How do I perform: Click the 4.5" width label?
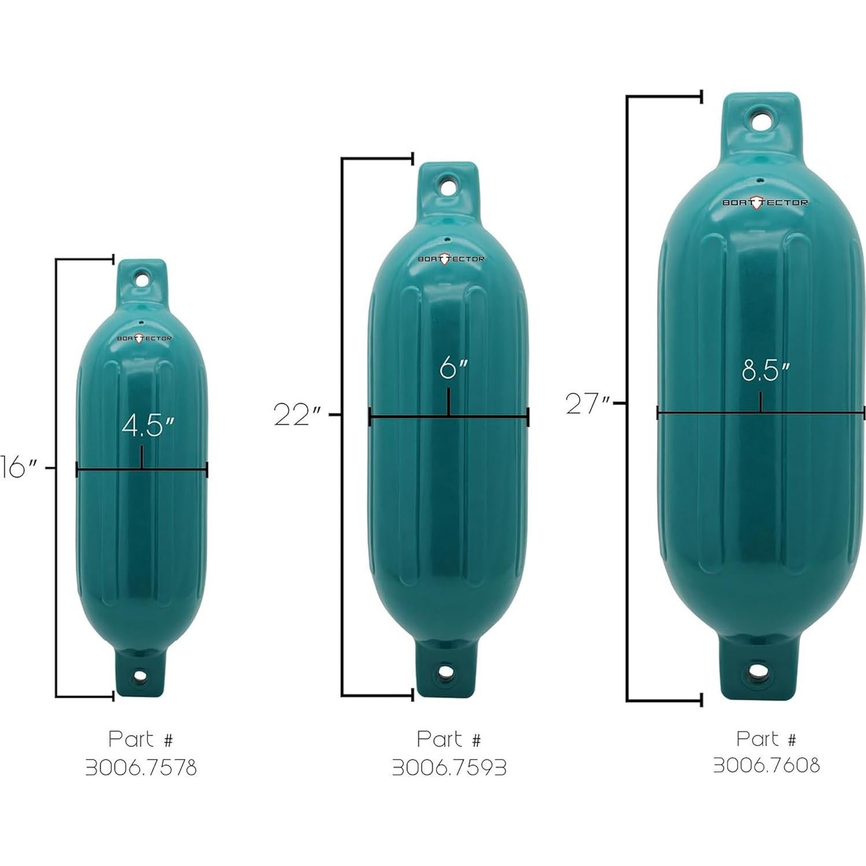[148, 426]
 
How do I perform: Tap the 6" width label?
[452, 368]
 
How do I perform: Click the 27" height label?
[588, 403]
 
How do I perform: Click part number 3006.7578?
[141, 768]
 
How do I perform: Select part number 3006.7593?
[449, 768]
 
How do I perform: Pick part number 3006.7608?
[766, 765]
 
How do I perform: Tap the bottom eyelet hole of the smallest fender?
[141, 675]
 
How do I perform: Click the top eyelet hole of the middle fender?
[448, 187]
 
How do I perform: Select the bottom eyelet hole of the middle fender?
[446, 672]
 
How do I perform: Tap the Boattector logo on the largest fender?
[764, 202]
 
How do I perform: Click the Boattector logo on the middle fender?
[451, 259]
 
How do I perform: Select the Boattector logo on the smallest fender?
[144, 338]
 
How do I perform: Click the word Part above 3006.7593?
[439, 739]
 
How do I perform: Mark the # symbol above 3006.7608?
[791, 739]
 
